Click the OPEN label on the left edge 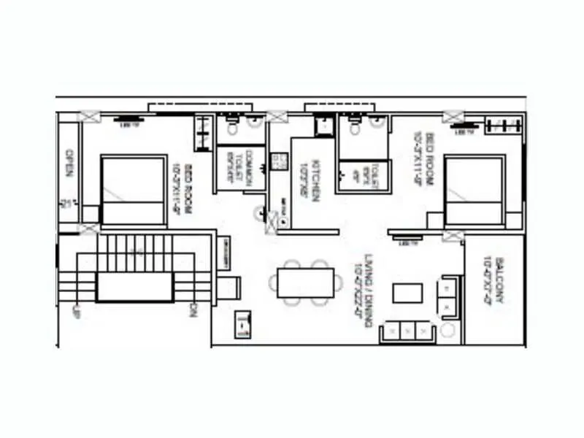[x=69, y=164]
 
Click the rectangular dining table [x=306, y=283]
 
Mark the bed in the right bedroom [x=474, y=191]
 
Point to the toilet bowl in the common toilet [x=232, y=129]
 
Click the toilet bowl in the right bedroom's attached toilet [x=354, y=129]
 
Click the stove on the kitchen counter [x=277, y=161]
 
